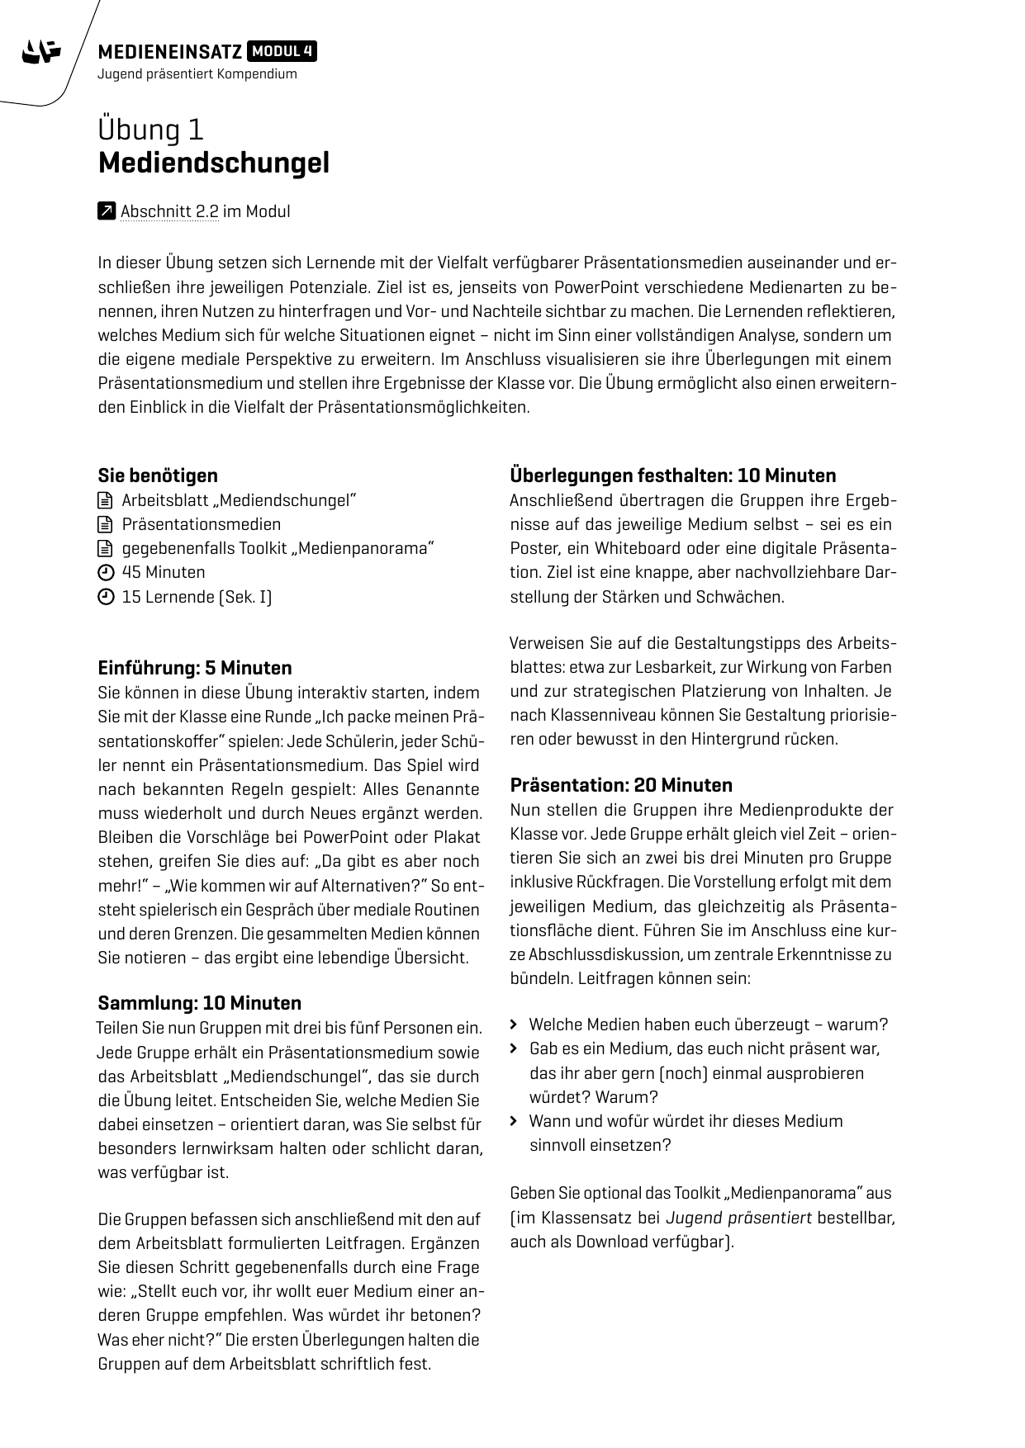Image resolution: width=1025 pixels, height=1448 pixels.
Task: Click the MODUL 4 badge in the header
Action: pos(282,52)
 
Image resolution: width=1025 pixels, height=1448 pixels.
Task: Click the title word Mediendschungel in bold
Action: pos(213,163)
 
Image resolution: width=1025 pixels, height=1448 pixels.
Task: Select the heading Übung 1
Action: pos(150,130)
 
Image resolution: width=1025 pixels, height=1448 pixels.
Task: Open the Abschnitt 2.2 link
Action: pos(169,211)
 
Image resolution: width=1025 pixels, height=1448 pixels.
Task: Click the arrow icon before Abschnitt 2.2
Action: pos(106,211)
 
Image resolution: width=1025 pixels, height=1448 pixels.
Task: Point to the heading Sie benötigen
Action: pos(158,476)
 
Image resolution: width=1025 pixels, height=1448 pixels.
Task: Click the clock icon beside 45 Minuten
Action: pos(105,573)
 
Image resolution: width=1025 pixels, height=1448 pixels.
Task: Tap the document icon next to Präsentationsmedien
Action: pos(105,524)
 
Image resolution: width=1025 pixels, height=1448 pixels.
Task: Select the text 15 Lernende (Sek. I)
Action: pos(197,597)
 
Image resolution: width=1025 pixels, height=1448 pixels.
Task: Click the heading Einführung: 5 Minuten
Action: pos(195,668)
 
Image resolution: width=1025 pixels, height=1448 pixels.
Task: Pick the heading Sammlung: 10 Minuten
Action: pos(199,1003)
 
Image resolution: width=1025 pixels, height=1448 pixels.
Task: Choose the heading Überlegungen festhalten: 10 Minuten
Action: pos(672,476)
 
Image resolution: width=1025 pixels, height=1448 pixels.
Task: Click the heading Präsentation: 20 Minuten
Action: pos(621,785)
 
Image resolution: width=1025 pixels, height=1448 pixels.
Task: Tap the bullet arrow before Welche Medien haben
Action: pos(514,1024)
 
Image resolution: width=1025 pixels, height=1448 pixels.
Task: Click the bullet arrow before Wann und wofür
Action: pos(514,1121)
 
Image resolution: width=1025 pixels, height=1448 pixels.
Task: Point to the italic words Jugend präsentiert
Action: pos(738,1218)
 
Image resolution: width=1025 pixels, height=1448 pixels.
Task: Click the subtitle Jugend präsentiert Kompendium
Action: pos(197,74)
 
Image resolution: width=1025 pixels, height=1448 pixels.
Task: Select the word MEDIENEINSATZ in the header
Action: pos(170,53)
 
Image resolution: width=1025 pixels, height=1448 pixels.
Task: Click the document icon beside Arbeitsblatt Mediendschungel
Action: pos(105,500)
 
